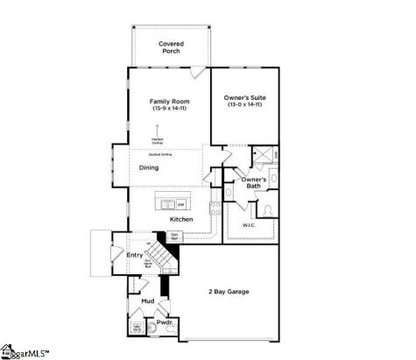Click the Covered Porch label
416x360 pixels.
(170, 46)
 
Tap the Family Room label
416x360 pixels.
(170, 102)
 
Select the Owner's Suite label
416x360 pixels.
(244, 97)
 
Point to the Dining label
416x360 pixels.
(149, 167)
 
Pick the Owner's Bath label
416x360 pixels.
(254, 183)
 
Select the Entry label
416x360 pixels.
(134, 255)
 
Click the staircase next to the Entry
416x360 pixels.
(158, 255)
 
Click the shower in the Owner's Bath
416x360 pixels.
(260, 155)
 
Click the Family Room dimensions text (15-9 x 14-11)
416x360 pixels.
(170, 109)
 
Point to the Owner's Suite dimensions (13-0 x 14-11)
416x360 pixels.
(244, 105)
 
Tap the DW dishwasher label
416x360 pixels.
(180, 205)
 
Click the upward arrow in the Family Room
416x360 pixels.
(158, 130)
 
